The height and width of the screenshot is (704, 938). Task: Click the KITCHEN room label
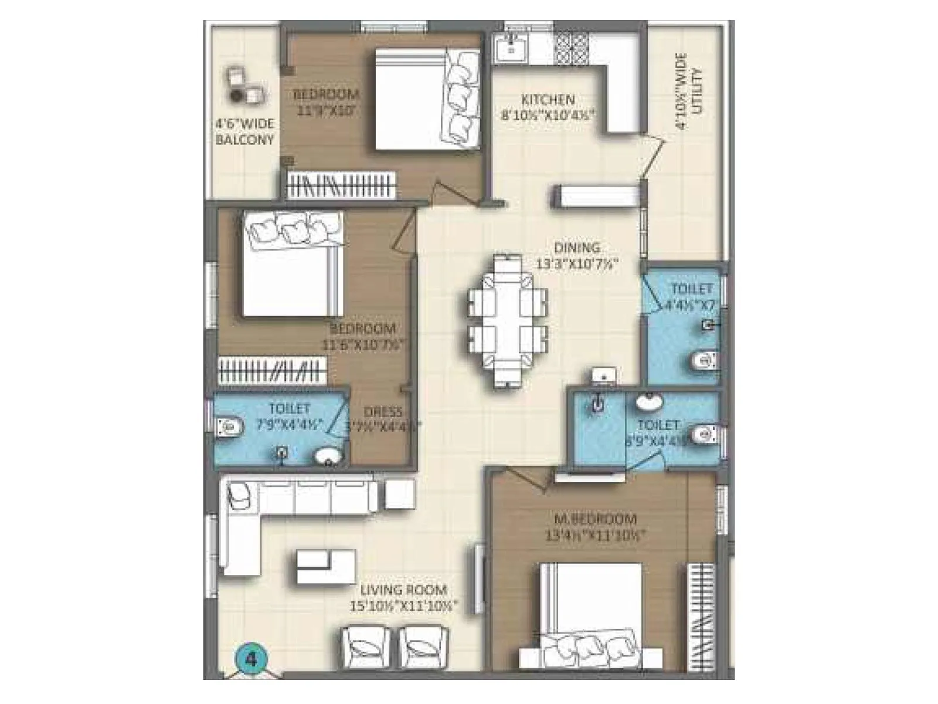[x=548, y=99]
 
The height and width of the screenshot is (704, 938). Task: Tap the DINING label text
[x=577, y=248]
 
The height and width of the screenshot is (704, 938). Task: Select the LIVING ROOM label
[x=404, y=590]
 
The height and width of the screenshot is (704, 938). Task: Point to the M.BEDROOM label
[x=595, y=519]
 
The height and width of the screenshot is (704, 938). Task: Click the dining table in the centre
[x=508, y=321]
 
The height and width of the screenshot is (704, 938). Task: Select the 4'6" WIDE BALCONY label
[x=244, y=132]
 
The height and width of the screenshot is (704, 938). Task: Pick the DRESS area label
[x=383, y=412]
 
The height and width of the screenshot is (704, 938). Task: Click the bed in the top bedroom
[x=427, y=99]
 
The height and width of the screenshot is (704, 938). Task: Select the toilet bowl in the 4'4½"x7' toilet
[x=704, y=360]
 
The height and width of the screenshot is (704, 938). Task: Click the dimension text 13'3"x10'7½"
[x=577, y=264]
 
